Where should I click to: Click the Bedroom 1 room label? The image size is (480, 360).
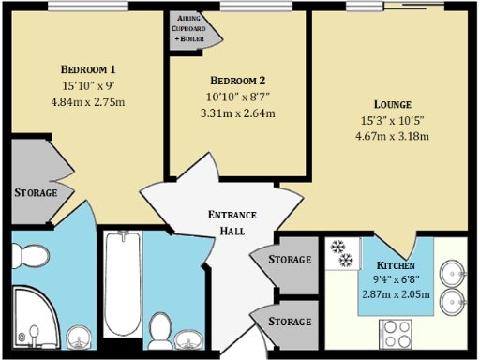coord(87,70)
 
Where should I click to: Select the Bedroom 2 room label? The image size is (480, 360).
coord(238,81)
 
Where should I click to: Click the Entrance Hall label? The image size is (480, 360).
coord(232,222)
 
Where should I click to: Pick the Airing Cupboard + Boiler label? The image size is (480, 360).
coord(194,28)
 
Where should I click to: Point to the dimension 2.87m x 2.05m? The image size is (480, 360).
coord(397,294)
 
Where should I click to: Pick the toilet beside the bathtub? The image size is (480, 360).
coord(160,330)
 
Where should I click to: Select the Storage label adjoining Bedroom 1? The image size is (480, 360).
coord(36,192)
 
